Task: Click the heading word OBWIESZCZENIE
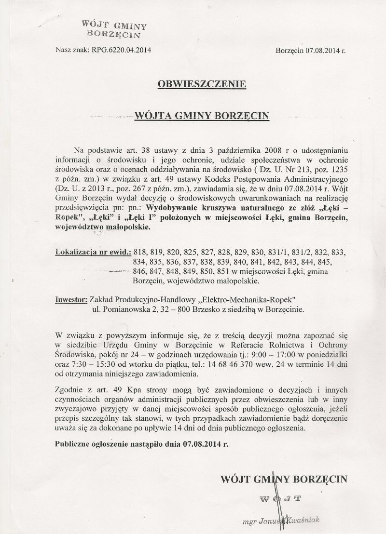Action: point(202,84)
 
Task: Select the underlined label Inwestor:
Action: point(71,300)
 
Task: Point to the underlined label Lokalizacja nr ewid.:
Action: point(93,252)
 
